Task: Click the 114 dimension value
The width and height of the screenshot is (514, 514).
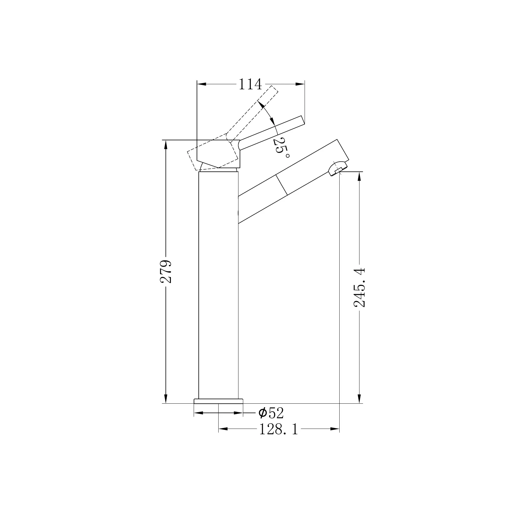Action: click(x=250, y=85)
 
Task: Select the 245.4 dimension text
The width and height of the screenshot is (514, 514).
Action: click(x=360, y=287)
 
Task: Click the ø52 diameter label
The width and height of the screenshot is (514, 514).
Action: click(x=271, y=413)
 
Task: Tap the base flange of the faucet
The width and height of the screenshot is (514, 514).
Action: click(x=218, y=401)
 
